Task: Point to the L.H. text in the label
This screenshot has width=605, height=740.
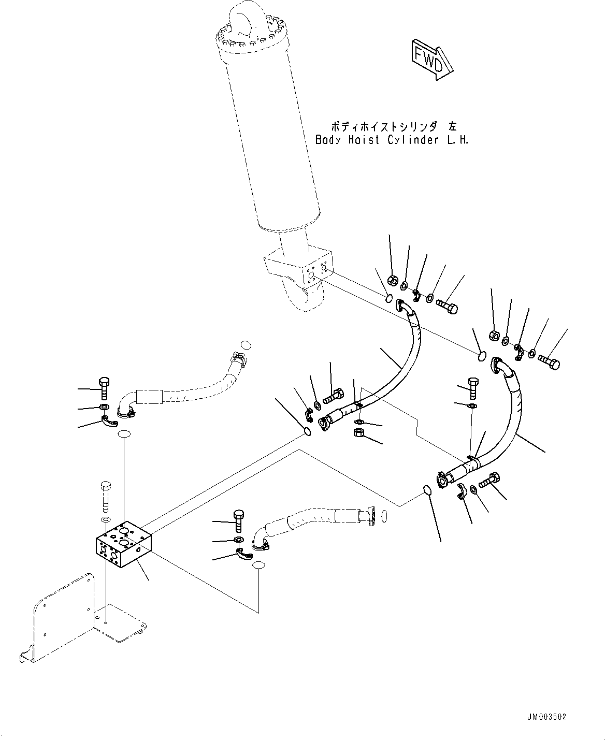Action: [458, 140]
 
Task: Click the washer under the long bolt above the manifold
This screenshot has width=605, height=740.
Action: [105, 519]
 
